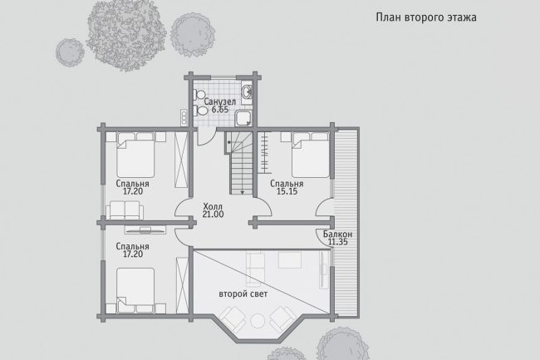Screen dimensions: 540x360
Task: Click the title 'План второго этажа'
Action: tap(426, 17)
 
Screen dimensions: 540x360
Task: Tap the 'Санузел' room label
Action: tap(219, 102)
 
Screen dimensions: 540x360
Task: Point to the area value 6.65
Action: tap(219, 110)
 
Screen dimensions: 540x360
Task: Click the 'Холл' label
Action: tap(213, 207)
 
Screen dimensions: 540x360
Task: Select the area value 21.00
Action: tap(213, 215)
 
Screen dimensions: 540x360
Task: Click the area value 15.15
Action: tap(287, 191)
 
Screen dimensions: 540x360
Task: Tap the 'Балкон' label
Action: tap(337, 234)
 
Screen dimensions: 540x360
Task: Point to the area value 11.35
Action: tap(337, 242)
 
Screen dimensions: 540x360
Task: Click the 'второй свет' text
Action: tap(243, 294)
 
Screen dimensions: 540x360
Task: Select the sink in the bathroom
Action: tap(247, 91)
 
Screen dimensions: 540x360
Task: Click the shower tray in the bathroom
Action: tap(243, 118)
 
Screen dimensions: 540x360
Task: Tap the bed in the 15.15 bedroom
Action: tap(311, 155)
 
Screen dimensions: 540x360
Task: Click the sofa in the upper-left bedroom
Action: tap(125, 210)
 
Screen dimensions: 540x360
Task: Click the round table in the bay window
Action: tap(257, 321)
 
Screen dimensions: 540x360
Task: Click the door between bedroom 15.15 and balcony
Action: tap(324, 207)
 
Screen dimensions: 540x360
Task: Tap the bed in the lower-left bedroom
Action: tap(135, 290)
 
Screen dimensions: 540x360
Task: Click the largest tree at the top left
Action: tap(126, 35)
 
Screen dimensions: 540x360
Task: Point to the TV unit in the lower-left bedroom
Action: tap(145, 229)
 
